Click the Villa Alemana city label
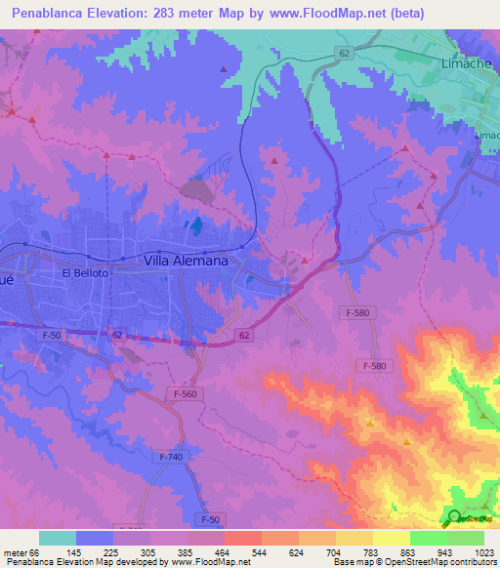click(186, 261)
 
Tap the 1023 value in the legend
click(483, 552)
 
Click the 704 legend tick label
click(335, 552)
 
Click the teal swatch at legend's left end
click(58, 538)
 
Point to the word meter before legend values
click(16, 552)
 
